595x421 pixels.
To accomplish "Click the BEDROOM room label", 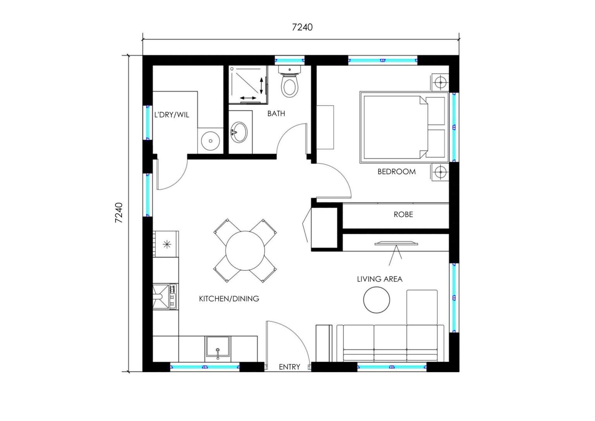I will click(x=396, y=171).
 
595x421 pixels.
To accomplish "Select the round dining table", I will click(x=245, y=250).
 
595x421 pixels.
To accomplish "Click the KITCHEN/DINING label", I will click(x=229, y=298).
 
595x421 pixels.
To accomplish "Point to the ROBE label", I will click(x=403, y=214).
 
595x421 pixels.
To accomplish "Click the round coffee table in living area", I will click(x=377, y=300).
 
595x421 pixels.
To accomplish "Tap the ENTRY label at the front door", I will click(x=289, y=367).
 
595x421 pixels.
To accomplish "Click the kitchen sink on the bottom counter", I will click(x=218, y=347).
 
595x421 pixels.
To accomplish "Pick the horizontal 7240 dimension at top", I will click(x=302, y=27).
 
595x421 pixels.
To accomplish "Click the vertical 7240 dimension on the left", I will click(x=119, y=212).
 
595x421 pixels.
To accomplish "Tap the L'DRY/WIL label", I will click(x=172, y=115).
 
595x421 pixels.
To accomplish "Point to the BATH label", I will click(x=276, y=114).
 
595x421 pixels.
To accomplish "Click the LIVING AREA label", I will click(x=379, y=279).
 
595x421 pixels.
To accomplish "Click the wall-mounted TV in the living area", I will click(x=396, y=244).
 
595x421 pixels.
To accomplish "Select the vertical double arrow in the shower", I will click(x=261, y=85).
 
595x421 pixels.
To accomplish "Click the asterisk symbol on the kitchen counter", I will click(x=167, y=244).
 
